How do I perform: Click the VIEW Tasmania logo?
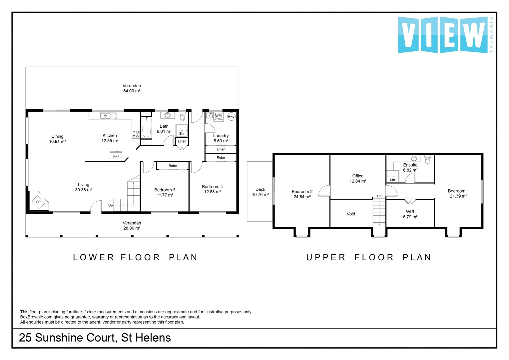443,35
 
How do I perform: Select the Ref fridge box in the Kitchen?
116,156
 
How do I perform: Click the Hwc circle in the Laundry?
231,116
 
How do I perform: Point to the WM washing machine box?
218,116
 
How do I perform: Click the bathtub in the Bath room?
147,128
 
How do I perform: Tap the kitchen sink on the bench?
108,116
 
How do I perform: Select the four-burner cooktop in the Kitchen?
136,134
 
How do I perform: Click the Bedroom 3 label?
165,190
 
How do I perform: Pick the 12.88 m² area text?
212,192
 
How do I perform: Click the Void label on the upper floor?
351,214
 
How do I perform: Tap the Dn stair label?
379,196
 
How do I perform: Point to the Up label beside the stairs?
110,205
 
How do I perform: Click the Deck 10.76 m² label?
260,192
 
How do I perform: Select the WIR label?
410,212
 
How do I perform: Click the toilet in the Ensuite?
428,160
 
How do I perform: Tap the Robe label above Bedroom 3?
173,166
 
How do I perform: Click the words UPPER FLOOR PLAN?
369,257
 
